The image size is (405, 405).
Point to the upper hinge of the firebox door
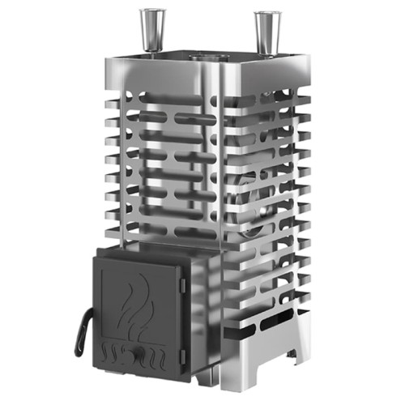[x=184, y=282]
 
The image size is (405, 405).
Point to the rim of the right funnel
[x=266, y=15]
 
